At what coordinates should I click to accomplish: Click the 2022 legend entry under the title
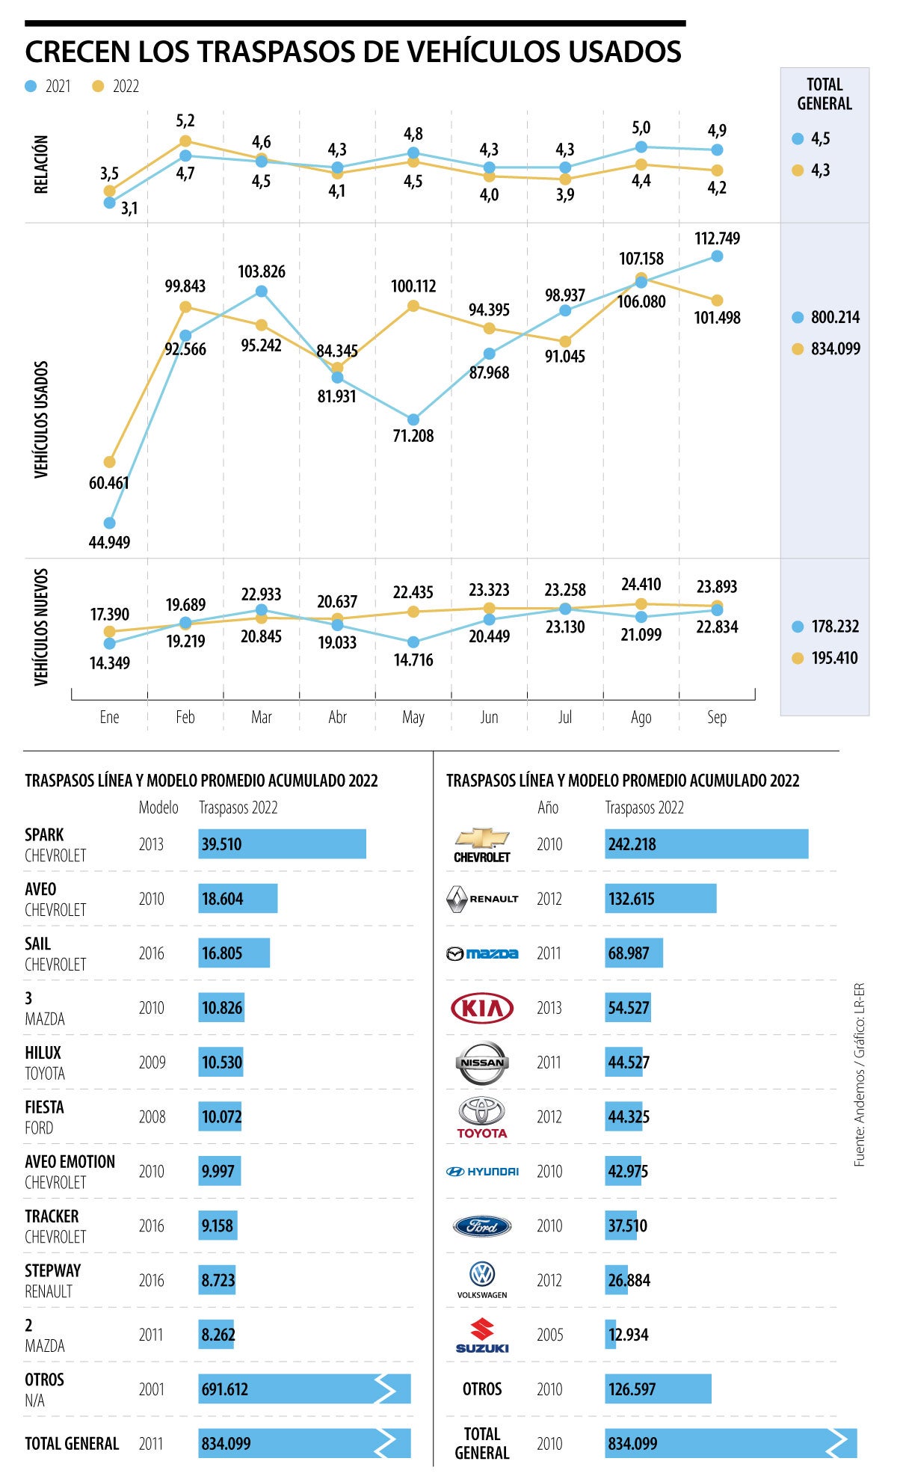click(x=117, y=87)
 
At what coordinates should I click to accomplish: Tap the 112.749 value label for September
click(x=717, y=239)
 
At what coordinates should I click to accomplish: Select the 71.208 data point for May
click(x=413, y=419)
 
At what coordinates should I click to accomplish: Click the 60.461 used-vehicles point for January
click(x=110, y=462)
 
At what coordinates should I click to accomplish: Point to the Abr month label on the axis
click(x=337, y=717)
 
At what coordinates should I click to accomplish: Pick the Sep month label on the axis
click(x=716, y=717)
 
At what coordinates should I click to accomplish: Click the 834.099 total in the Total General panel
click(x=835, y=348)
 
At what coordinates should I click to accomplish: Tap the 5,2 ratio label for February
click(x=185, y=121)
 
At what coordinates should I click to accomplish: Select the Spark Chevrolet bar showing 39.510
click(x=282, y=844)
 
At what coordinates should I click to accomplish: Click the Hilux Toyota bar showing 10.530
click(x=221, y=1063)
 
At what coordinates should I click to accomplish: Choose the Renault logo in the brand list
click(x=482, y=899)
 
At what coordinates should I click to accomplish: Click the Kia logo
click(x=482, y=1008)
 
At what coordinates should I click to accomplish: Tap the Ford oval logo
click(x=482, y=1226)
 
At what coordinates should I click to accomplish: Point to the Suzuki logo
click(x=482, y=1335)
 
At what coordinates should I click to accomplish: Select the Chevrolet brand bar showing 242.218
click(x=706, y=844)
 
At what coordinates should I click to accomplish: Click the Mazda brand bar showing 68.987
click(x=633, y=953)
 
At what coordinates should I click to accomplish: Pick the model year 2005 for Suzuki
click(x=549, y=1335)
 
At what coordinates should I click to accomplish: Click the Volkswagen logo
click(x=482, y=1279)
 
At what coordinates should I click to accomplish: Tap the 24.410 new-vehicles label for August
click(x=641, y=584)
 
